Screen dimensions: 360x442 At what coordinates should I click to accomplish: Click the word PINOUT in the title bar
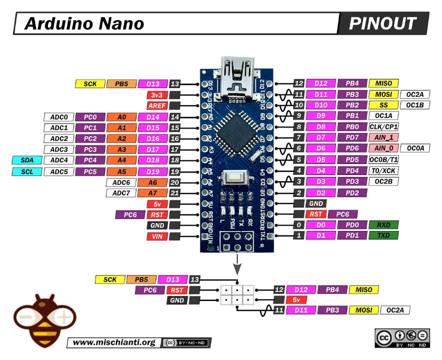[x=382, y=23]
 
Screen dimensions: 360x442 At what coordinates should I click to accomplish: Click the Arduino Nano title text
[x=84, y=23]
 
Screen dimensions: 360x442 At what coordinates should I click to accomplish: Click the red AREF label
[x=156, y=106]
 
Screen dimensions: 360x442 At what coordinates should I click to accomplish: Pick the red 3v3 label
[x=156, y=95]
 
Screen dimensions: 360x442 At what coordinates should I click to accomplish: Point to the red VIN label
[x=156, y=236]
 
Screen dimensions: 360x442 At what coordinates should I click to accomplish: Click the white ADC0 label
[x=58, y=117]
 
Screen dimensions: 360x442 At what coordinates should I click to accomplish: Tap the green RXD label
[x=383, y=225]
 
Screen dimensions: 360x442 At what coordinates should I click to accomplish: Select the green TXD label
[x=383, y=235]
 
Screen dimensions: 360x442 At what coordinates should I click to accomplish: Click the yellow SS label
[x=383, y=105]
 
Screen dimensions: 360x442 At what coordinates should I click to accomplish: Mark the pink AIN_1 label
[x=383, y=137]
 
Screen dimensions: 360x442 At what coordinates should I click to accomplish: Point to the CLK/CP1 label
[x=383, y=126]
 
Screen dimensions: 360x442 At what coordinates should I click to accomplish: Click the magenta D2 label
[x=320, y=193]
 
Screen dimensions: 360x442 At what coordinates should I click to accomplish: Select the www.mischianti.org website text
[x=114, y=342]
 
